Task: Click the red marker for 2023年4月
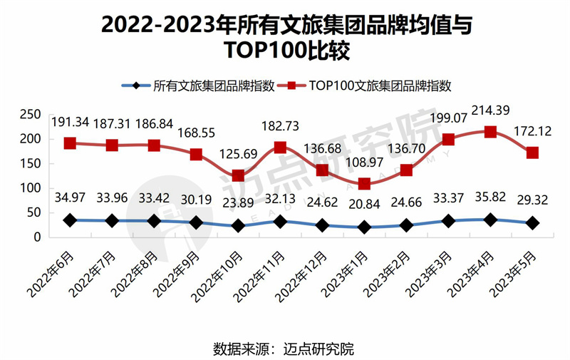(x=490, y=132)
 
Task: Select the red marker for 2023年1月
(x=364, y=183)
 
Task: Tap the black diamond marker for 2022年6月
(x=70, y=220)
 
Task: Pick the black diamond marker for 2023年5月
(x=532, y=223)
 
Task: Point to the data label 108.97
(x=364, y=163)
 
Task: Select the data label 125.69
(x=238, y=155)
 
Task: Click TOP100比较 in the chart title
(x=284, y=51)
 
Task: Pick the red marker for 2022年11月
(x=280, y=148)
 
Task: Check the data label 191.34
(x=70, y=122)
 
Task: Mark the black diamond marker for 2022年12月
(x=322, y=225)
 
